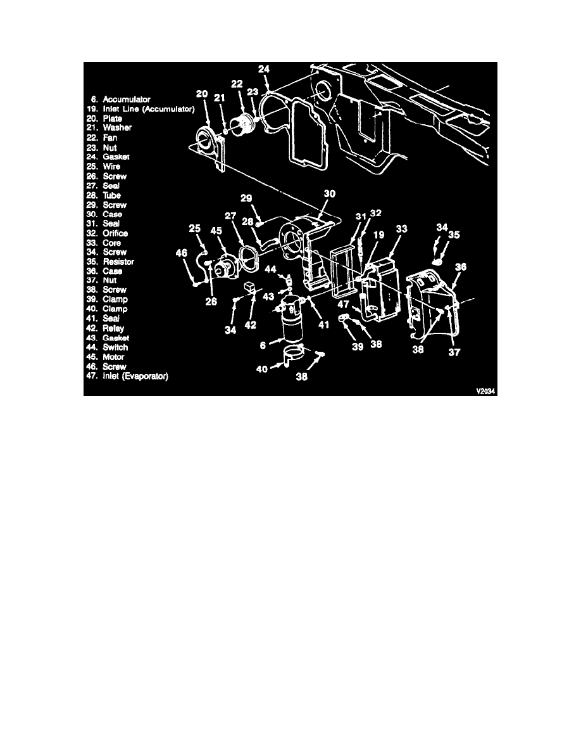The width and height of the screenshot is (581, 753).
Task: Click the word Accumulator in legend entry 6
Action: [127, 100]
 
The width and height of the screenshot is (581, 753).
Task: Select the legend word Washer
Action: [117, 128]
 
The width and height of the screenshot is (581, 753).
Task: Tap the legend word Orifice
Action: [115, 233]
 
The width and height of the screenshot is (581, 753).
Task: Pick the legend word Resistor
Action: [118, 262]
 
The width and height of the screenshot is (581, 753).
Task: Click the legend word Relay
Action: [113, 328]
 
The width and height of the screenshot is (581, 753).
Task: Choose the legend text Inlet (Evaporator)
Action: [135, 376]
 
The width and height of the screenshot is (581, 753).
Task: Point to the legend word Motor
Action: [114, 357]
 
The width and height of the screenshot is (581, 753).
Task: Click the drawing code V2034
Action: [485, 391]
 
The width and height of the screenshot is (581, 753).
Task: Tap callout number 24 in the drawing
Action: [264, 69]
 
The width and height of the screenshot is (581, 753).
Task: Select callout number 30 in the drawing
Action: [329, 194]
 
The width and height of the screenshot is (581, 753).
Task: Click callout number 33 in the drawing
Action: [401, 229]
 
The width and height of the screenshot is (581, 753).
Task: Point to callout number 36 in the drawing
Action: [461, 267]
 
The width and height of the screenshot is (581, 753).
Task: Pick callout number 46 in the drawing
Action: [181, 253]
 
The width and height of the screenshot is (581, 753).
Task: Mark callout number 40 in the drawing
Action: [262, 369]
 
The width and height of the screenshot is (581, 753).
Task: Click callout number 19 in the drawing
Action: [378, 235]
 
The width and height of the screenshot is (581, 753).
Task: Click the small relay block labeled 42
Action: [250, 286]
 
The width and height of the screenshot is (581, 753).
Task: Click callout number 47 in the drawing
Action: [343, 304]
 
